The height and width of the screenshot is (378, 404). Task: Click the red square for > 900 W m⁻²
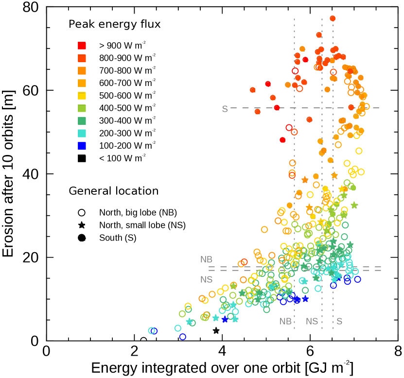(x=82, y=46)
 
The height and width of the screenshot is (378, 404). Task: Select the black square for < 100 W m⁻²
(x=82, y=157)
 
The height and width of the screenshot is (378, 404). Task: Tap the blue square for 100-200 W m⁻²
(x=82, y=145)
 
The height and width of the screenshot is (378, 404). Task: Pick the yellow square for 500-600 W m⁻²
(x=82, y=95)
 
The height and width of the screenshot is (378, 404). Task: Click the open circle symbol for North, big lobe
(x=82, y=212)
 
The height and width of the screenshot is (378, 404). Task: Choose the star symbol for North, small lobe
(x=82, y=225)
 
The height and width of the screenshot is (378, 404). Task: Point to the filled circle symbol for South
(x=82, y=238)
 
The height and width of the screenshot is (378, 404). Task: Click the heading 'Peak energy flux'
(x=115, y=24)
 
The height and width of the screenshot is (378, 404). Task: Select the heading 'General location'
(x=114, y=190)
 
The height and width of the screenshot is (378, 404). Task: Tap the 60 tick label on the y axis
(x=32, y=90)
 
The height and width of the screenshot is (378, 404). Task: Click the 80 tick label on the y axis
(x=32, y=7)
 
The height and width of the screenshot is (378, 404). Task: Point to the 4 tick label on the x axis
(x=222, y=351)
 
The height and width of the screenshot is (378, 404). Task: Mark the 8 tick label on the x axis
(x=398, y=351)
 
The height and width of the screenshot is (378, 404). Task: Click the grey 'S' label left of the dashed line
(x=225, y=109)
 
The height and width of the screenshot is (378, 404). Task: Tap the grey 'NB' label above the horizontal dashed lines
(x=207, y=259)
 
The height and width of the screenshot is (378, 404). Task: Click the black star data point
(x=216, y=331)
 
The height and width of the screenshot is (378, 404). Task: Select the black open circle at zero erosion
(x=143, y=341)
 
